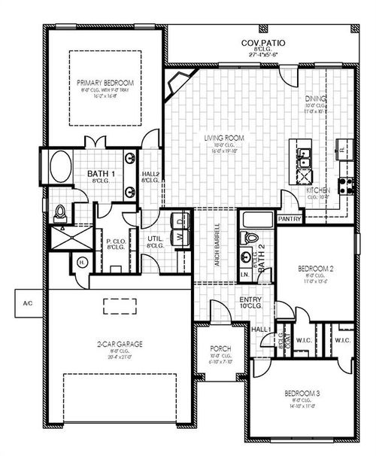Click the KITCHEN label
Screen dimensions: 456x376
pos(318,191)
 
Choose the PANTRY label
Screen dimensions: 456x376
pos(290,218)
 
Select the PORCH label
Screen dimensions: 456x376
pos(220,350)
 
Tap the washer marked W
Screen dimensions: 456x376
pos(180,236)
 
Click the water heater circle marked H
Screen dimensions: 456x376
pos(81,262)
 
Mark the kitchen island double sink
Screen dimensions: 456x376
pos(305,160)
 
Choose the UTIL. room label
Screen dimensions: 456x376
pos(156,242)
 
